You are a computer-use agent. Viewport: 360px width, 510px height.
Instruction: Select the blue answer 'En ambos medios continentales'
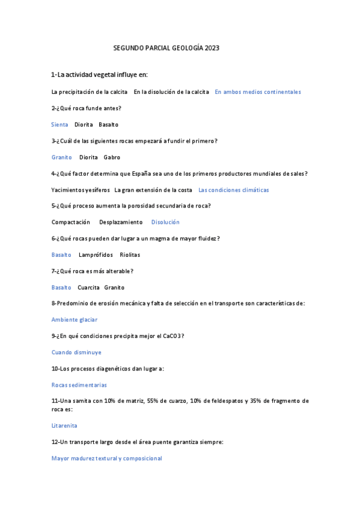(x=257, y=92)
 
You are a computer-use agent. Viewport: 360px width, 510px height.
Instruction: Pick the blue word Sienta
(x=59, y=124)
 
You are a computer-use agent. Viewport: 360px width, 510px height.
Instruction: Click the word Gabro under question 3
(x=112, y=157)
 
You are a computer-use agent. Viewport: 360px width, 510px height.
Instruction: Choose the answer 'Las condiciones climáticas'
(x=233, y=189)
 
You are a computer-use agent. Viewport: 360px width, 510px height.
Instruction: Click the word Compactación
(x=71, y=222)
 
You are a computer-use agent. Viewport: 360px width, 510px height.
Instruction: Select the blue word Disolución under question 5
(x=165, y=222)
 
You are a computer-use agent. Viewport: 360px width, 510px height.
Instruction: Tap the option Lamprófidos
(x=96, y=255)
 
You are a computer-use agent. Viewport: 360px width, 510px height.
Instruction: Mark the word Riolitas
(x=130, y=255)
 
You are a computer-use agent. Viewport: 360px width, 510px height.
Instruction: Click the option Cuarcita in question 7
(x=88, y=287)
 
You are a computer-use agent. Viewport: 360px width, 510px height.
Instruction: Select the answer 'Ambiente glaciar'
(x=75, y=320)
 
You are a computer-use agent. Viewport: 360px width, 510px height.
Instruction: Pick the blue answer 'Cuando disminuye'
(x=76, y=352)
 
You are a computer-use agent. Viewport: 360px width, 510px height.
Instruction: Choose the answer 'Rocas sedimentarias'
(x=79, y=385)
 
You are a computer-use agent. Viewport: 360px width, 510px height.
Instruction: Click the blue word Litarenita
(x=64, y=425)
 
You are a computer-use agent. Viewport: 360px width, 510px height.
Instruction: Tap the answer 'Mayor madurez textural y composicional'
(x=107, y=458)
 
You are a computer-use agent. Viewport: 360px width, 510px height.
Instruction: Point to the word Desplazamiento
(x=121, y=222)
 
